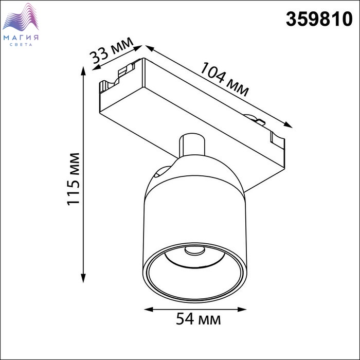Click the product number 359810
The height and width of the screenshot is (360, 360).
319,19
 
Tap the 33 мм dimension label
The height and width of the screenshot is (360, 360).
112,51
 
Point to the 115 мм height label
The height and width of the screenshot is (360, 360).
74,179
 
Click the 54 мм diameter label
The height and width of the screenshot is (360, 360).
199,319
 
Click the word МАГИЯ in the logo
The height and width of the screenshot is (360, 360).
21,38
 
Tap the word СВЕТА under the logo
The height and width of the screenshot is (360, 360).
21,45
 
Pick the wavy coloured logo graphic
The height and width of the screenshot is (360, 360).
21,17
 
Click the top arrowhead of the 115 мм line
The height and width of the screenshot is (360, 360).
83,71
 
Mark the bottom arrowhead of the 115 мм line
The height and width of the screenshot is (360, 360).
83,278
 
